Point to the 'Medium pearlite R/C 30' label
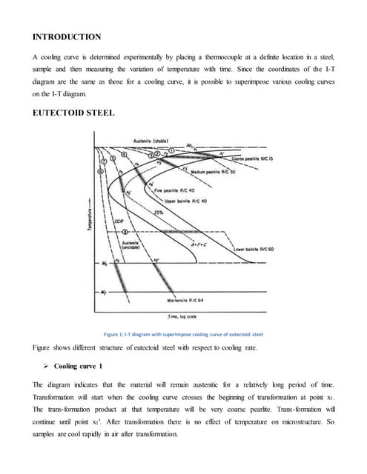tap(213, 171)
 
